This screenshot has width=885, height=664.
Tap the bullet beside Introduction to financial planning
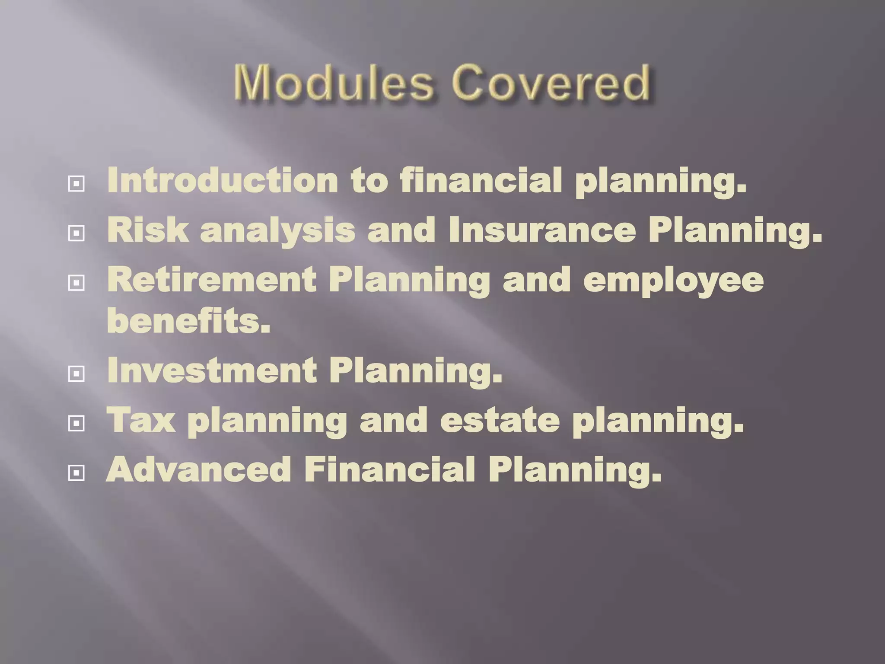click(76, 184)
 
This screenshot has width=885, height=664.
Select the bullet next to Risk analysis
click(76, 234)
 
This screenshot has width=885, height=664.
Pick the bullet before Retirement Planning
click(76, 283)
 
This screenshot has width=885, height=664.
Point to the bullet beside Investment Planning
click(76, 373)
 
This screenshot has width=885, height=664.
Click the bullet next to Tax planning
click(76, 423)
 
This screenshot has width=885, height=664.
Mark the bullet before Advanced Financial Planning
click(76, 473)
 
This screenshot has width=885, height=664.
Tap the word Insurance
click(542, 230)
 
